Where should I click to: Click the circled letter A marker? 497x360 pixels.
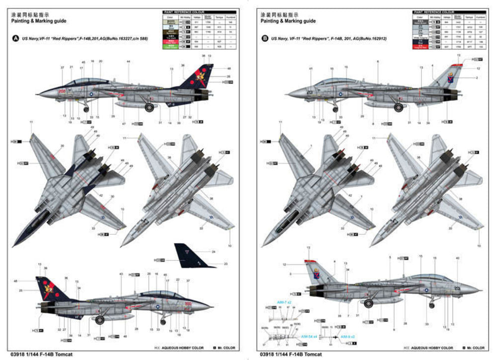pos(15,38)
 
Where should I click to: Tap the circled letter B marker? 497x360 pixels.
pos(264,38)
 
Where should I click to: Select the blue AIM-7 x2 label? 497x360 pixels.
pos(284,302)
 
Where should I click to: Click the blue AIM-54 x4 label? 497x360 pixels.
pos(308,336)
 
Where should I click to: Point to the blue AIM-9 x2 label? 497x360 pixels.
pos(347,337)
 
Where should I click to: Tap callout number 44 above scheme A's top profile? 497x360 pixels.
pos(128,61)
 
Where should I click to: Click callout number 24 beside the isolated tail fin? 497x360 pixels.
pos(214,252)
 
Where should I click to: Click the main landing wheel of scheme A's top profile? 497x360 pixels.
pos(149,107)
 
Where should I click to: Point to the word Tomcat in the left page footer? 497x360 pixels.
pos(65,355)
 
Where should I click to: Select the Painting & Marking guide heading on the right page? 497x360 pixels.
pos(288,21)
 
